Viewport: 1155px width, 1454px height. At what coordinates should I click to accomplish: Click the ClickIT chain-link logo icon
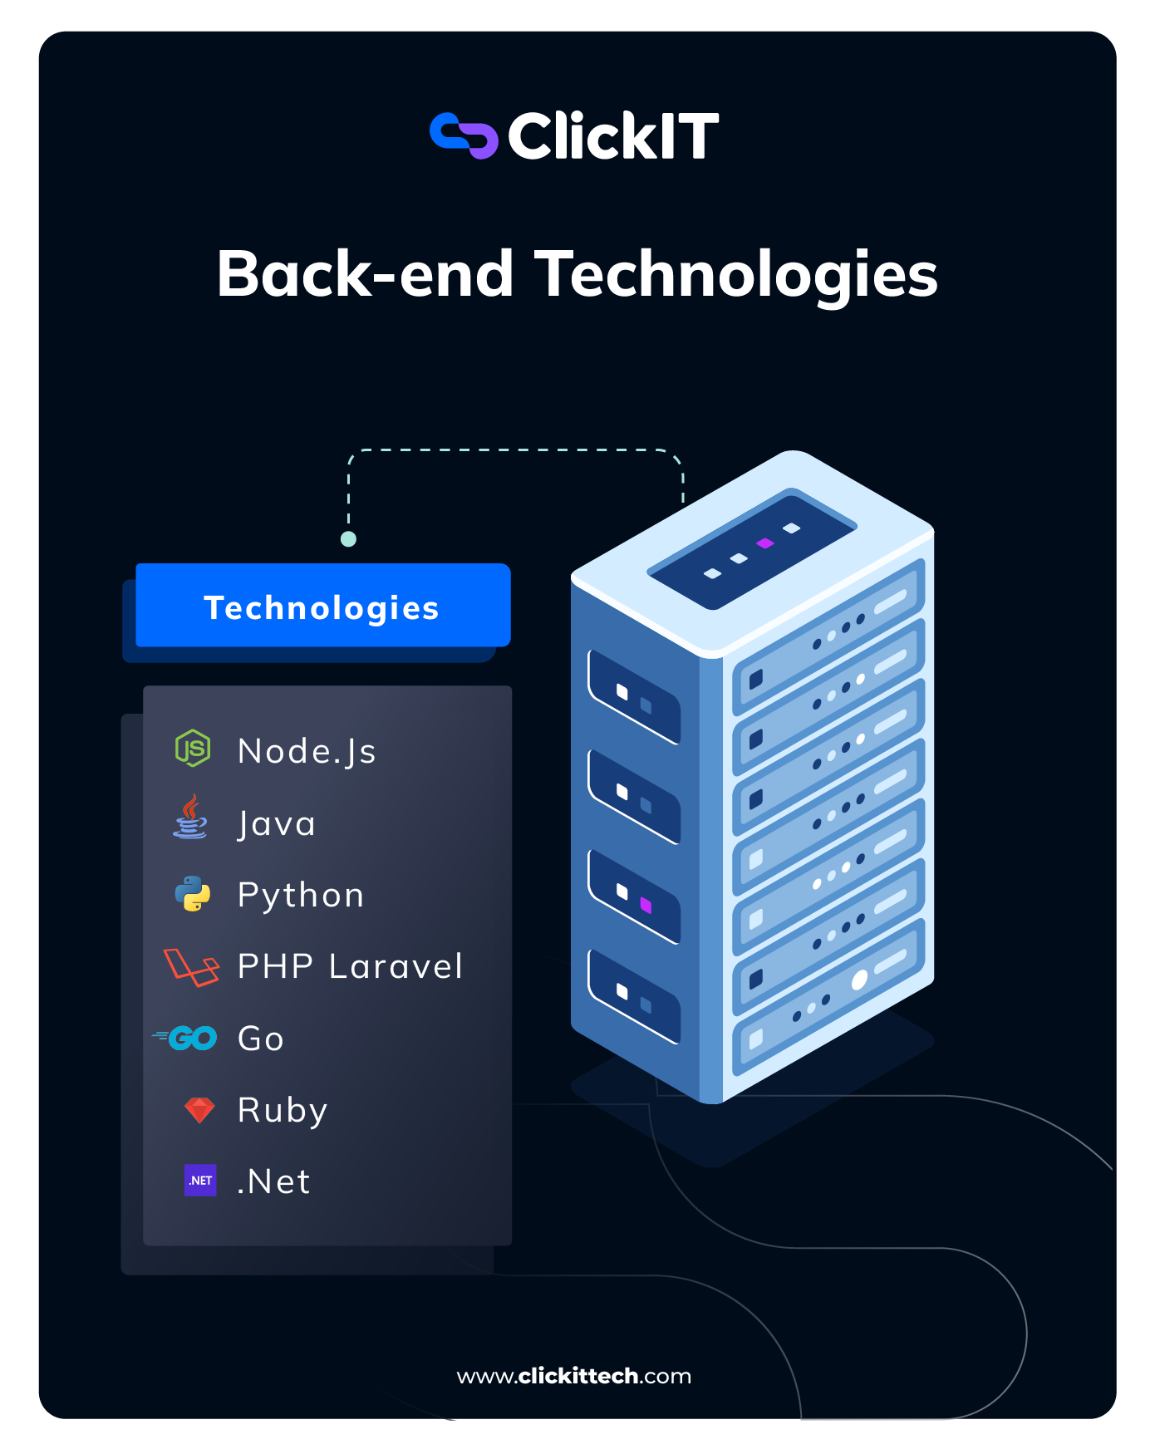pyautogui.click(x=464, y=135)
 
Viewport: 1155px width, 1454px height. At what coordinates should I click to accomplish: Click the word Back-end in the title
pyautogui.click(x=365, y=275)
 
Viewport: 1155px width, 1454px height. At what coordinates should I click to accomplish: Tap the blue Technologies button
pyautogui.click(x=322, y=606)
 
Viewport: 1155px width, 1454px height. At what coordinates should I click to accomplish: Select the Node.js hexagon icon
pyautogui.click(x=193, y=748)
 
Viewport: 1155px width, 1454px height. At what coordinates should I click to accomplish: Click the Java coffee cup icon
pyautogui.click(x=191, y=818)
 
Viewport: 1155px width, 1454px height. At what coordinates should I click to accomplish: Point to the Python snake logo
pyautogui.click(x=193, y=894)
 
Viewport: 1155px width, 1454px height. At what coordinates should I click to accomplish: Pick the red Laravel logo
pyautogui.click(x=192, y=967)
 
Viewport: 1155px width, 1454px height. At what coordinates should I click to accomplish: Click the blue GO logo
pyautogui.click(x=186, y=1038)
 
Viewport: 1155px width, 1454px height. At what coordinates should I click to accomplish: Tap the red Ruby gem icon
pyautogui.click(x=199, y=1110)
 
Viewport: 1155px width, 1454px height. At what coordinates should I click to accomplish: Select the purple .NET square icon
pyautogui.click(x=200, y=1180)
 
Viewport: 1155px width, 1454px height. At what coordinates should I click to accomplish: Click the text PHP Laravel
pyautogui.click(x=350, y=967)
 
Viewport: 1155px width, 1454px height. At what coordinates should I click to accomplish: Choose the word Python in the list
pyautogui.click(x=301, y=896)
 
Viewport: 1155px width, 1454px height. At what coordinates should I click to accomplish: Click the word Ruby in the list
pyautogui.click(x=283, y=1111)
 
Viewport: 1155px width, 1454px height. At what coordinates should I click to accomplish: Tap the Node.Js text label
pyautogui.click(x=307, y=751)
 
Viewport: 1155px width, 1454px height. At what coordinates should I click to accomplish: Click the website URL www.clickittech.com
pyautogui.click(x=574, y=1376)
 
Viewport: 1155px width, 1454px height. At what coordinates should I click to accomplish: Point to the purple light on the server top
pyautogui.click(x=765, y=543)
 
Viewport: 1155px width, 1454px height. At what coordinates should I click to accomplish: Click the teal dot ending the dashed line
pyautogui.click(x=349, y=539)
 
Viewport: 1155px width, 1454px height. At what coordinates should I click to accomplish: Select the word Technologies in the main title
pyautogui.click(x=736, y=275)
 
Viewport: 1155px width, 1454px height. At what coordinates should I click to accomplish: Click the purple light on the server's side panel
pyautogui.click(x=646, y=905)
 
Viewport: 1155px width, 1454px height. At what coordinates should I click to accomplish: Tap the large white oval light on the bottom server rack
pyautogui.click(x=859, y=980)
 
